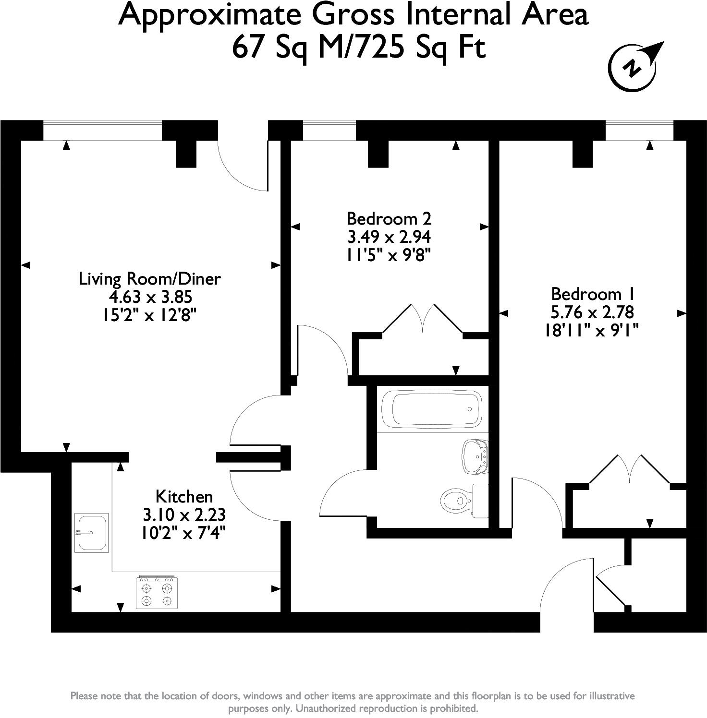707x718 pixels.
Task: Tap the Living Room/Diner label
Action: (149, 279)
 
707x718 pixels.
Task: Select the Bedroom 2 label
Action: (389, 219)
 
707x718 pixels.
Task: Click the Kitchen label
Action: (184, 496)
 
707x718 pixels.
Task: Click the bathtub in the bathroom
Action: (431, 409)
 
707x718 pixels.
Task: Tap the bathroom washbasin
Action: (475, 456)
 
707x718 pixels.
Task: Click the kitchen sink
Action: (91, 532)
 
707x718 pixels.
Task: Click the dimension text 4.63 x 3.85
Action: (150, 297)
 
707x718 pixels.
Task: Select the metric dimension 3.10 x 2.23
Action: (184, 515)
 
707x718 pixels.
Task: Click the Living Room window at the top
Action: (102, 131)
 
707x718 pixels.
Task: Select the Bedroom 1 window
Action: (639, 131)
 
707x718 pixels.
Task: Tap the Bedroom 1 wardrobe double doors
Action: (629, 469)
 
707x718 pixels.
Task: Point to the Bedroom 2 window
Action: (329, 131)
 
